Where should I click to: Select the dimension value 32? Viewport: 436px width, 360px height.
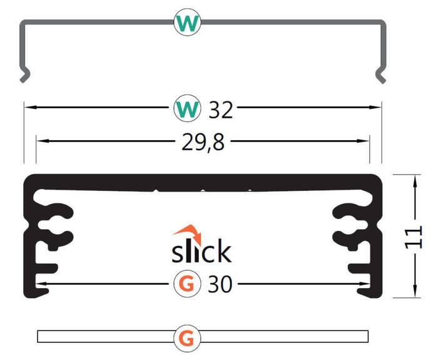pyautogui.click(x=221, y=110)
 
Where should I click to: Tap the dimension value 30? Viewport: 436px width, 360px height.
pyautogui.click(x=220, y=285)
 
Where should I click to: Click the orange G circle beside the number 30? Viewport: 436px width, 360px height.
pyautogui.click(x=186, y=285)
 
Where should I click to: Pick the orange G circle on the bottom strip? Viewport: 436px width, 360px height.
pyautogui.click(x=186, y=337)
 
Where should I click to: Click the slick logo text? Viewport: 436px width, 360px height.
pyautogui.click(x=201, y=252)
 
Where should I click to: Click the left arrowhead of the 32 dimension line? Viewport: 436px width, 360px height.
pyautogui.click(x=29, y=108)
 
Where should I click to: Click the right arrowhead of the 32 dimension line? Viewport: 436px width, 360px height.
pyautogui.click(x=377, y=108)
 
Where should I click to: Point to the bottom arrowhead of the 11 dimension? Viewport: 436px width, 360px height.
pyautogui.click(x=415, y=293)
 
